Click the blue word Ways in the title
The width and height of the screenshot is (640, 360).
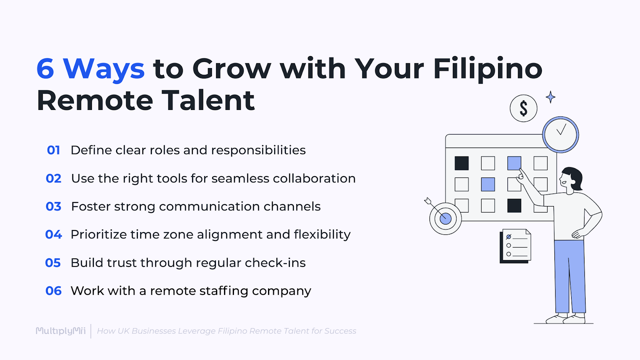[x=104, y=69]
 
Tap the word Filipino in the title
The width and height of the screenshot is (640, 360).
[x=488, y=69]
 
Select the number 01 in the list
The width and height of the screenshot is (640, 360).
[x=54, y=150]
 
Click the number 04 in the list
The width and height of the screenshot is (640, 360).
[x=54, y=234]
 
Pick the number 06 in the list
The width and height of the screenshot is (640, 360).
[x=54, y=291]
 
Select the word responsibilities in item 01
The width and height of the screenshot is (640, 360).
[x=258, y=150]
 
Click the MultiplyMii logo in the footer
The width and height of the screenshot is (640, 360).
[x=61, y=331]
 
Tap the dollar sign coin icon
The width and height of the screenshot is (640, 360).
[x=523, y=108]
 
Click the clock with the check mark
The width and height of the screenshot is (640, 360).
[x=560, y=134]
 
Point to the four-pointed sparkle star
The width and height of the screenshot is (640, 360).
[x=551, y=97]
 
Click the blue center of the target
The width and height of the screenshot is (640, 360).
[x=446, y=218]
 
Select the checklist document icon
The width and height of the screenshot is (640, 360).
[x=516, y=246]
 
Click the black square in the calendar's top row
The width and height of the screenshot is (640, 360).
[x=462, y=163]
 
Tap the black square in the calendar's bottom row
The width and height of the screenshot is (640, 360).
[x=514, y=206]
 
